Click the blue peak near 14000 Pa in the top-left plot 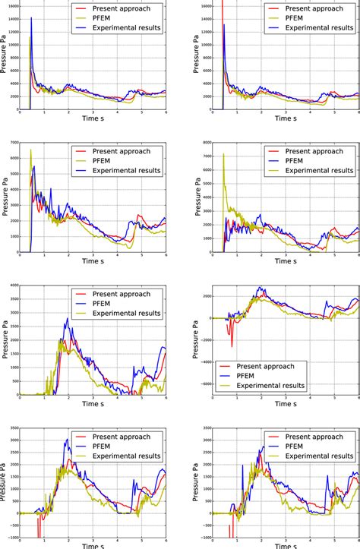pyautogui.click(x=31, y=17)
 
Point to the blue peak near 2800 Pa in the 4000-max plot pyautogui.click(x=67, y=320)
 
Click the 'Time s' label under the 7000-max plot pyautogui.click(x=92, y=262)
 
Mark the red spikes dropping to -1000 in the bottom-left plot pyautogui.click(x=36, y=530)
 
